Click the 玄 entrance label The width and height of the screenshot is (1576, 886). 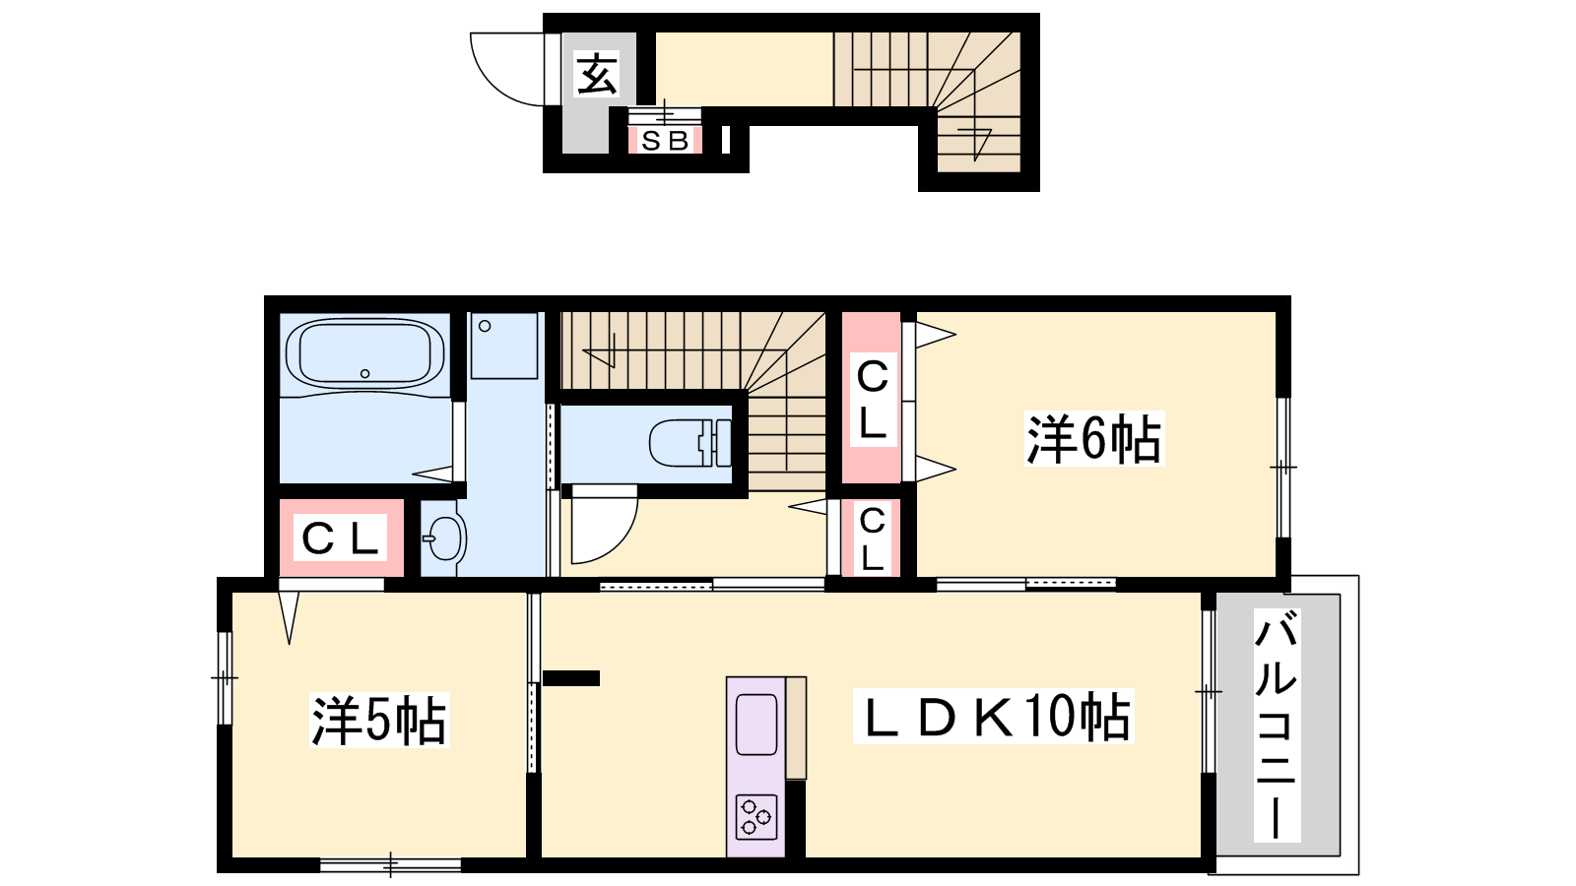pos(597,74)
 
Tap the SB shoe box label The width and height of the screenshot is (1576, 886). pos(665,141)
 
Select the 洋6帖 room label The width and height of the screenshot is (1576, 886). pos(1094,439)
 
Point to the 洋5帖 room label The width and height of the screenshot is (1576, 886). pos(378,720)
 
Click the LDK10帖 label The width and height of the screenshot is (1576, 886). pos(993,716)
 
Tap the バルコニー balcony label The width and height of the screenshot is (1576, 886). pos(1277,725)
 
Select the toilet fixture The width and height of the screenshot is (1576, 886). pos(690,443)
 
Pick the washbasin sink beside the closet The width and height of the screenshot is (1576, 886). pos(444,538)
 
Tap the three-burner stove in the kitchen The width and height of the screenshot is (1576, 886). pos(756,816)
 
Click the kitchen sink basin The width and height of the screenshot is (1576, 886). pos(756,724)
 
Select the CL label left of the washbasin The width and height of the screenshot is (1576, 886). pos(340,538)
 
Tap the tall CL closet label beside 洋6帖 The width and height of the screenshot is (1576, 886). pos(873,400)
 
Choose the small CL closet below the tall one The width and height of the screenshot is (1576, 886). pos(872,539)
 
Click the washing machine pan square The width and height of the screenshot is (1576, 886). pos(503,346)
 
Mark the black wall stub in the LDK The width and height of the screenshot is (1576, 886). pos(570,678)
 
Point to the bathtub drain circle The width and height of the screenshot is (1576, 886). pos(364,373)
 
